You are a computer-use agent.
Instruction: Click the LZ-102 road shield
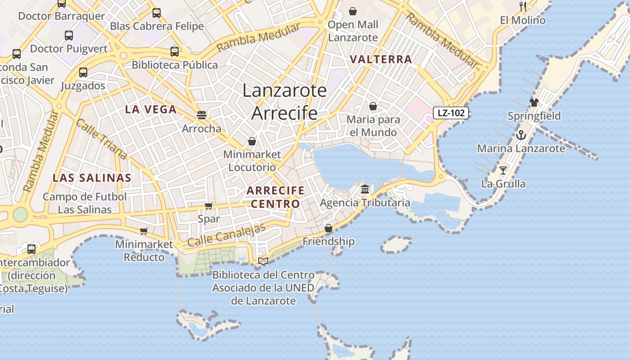tap(451, 113)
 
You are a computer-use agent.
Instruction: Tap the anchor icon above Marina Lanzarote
tap(521, 135)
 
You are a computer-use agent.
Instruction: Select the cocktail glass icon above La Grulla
tap(503, 170)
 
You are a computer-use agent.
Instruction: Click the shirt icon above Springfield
tap(534, 102)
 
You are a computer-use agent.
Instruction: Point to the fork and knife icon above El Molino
tap(522, 6)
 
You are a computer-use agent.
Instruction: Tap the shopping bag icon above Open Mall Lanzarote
tap(353, 11)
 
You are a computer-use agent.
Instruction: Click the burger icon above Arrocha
tap(202, 115)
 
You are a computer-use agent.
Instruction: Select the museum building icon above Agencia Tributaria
tap(365, 189)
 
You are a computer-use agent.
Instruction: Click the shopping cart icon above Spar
tap(209, 206)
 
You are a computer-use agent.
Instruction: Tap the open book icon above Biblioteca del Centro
tap(263, 261)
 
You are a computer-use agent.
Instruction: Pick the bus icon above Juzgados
tap(83, 72)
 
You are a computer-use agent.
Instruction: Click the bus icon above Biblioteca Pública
tap(175, 51)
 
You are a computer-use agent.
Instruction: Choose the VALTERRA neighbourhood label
tap(381, 59)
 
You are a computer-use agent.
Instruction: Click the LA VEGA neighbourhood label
tap(151, 109)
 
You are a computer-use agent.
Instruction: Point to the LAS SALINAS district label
tap(92, 178)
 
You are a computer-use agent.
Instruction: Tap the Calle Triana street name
tap(101, 139)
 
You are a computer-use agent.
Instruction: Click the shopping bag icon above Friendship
tap(328, 228)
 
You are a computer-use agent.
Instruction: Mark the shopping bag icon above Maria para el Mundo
tap(373, 106)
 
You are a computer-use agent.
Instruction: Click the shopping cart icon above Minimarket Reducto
tap(144, 231)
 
